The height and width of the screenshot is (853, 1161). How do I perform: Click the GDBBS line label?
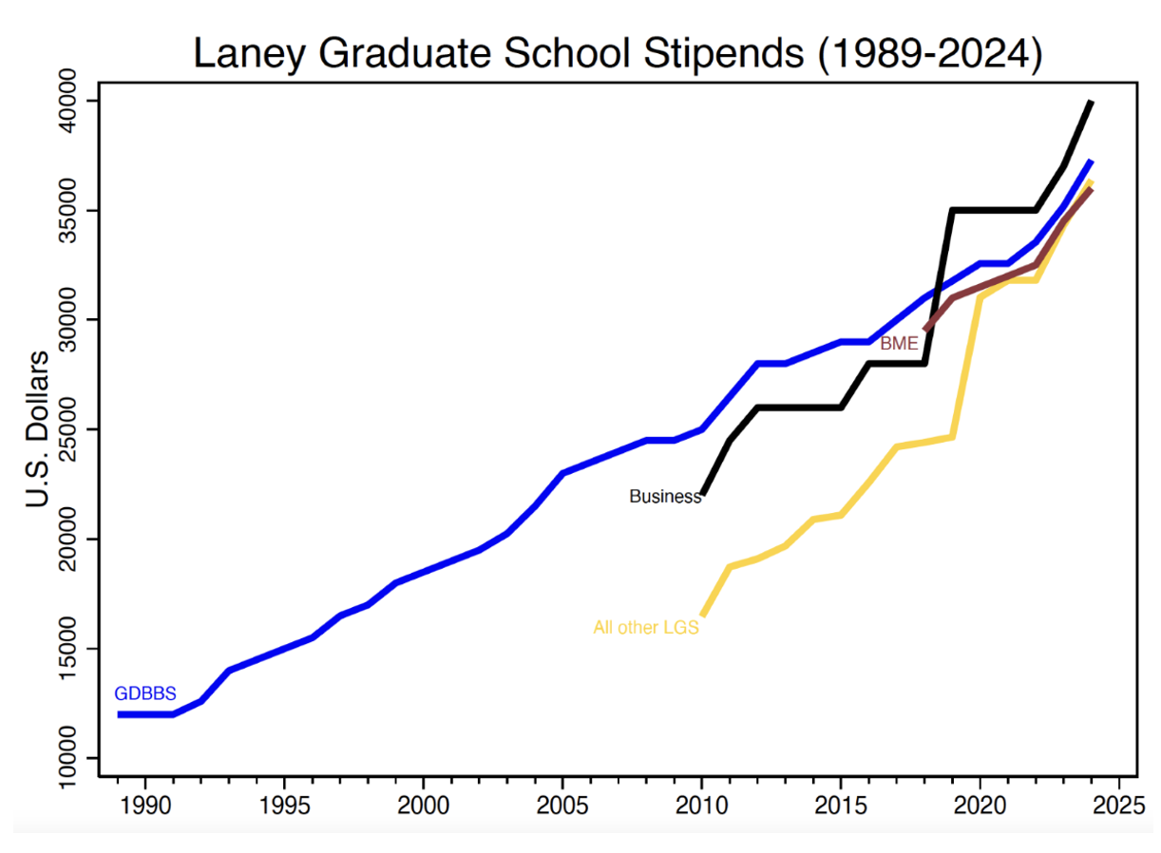tap(145, 693)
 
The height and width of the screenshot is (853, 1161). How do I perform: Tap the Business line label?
tap(664, 496)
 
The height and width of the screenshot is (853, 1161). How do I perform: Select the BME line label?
tap(899, 343)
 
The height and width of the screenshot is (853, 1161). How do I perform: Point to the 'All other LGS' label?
tap(646, 627)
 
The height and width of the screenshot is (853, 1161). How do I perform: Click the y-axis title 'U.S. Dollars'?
tap(39, 428)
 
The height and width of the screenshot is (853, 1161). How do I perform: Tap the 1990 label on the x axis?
tap(145, 804)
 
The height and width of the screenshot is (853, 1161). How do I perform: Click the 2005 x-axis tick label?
tap(562, 804)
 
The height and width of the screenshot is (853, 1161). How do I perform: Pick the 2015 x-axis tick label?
tap(841, 804)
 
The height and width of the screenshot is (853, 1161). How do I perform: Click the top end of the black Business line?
tap(1091, 102)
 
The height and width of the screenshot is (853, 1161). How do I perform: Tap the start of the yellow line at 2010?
tap(702, 615)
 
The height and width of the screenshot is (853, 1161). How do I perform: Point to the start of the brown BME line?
tap(925, 330)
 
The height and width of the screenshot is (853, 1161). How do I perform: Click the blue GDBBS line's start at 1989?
tap(119, 714)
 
